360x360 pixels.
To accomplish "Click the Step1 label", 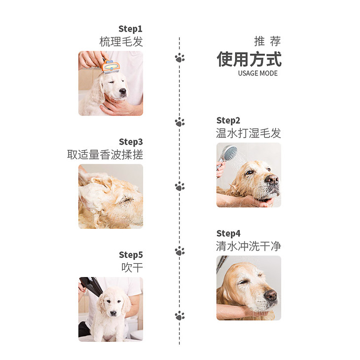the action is point(130,29).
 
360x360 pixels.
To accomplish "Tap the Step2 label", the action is point(228,120).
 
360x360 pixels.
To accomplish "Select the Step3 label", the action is point(131,142).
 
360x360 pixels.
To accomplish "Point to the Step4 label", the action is point(228,233).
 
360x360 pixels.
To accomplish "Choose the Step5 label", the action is point(131,255).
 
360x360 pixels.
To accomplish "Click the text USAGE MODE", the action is point(258,73).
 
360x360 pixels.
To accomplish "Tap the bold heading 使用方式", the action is point(249,59).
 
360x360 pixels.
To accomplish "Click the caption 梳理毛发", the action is point(121,42).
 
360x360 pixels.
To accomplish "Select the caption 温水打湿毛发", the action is point(249,133).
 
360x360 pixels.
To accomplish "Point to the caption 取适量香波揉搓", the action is point(105,154).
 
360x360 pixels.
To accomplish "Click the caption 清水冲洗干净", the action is point(249,246).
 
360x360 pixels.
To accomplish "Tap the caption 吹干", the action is point(132,267).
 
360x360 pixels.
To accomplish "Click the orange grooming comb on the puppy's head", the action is point(110,67).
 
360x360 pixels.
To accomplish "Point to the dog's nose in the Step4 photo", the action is point(271,295).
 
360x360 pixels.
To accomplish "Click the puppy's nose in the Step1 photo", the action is point(123,91).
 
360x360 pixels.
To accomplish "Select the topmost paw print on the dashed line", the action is point(180,58).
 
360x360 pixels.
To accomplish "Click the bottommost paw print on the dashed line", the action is point(180,316).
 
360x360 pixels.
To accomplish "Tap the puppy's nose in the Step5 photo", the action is point(113,313).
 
